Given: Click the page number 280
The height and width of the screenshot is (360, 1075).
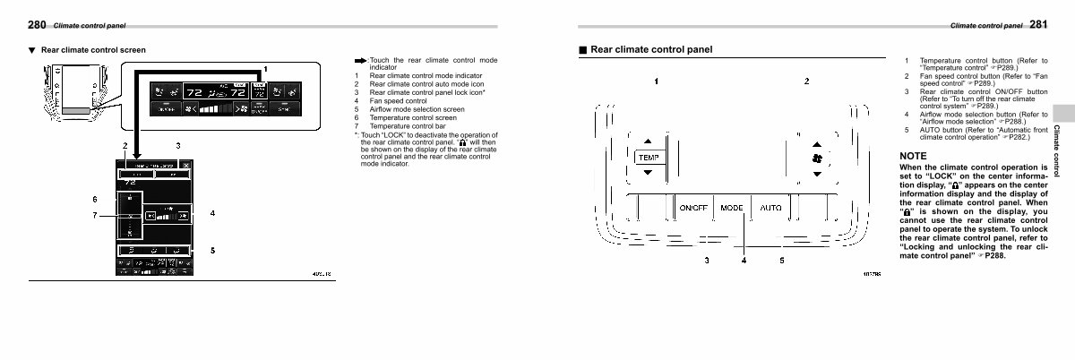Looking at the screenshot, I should (38, 25).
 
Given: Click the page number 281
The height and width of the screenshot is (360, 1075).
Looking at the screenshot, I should (1038, 25).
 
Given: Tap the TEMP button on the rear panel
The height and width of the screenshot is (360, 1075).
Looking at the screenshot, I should (648, 158).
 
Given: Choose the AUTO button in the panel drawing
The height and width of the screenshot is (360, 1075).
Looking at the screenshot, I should (770, 208).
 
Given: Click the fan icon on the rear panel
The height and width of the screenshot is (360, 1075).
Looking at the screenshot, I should (816, 159).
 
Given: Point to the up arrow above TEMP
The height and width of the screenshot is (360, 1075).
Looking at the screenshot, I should (648, 141).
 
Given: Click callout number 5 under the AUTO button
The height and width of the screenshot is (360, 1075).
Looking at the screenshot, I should (780, 261).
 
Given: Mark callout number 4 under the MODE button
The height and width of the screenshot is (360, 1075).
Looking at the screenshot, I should (744, 261).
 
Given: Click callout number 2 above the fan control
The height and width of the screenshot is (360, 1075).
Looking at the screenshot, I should (807, 82).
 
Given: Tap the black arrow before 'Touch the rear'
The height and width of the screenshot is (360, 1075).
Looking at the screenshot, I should (360, 60).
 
